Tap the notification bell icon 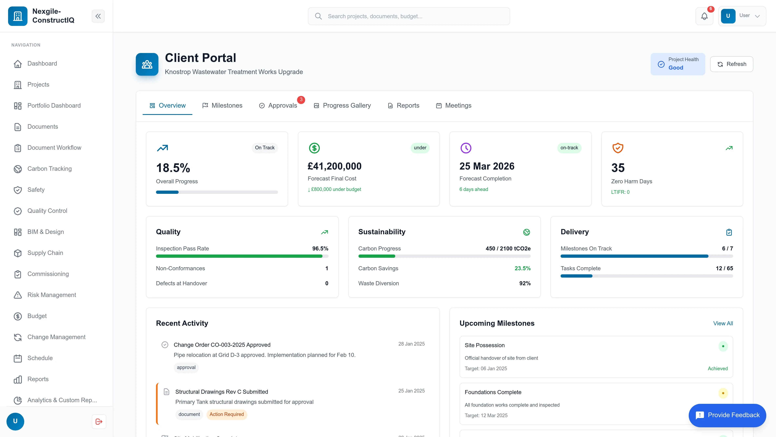coord(704,16)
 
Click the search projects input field coord(409,16)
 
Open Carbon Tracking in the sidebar coord(49,169)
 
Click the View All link coord(723,323)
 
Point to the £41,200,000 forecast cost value coord(334,166)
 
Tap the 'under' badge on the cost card coord(420,148)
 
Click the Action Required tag coord(227,414)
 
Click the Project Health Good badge coord(678,64)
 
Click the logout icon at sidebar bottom coord(99,421)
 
